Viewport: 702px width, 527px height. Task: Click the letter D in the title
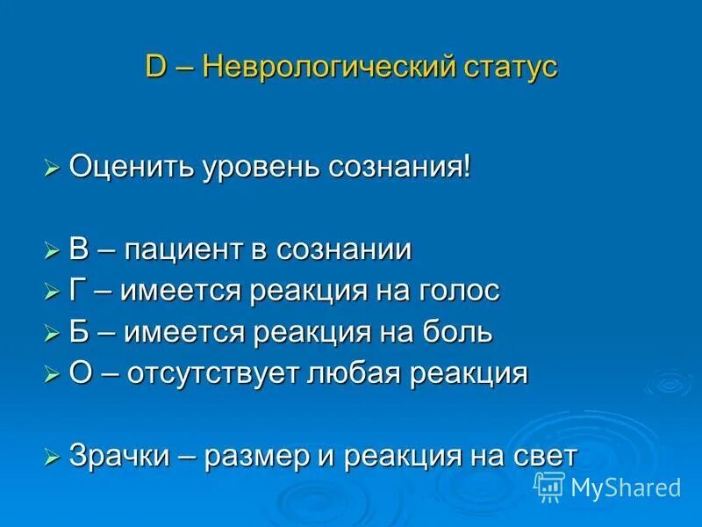(154, 68)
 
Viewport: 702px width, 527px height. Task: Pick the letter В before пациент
(79, 249)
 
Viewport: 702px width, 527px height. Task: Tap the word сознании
(343, 250)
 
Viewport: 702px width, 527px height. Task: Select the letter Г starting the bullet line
(78, 291)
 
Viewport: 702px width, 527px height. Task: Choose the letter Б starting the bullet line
(79, 332)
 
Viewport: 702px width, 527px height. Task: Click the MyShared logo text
(625, 487)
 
